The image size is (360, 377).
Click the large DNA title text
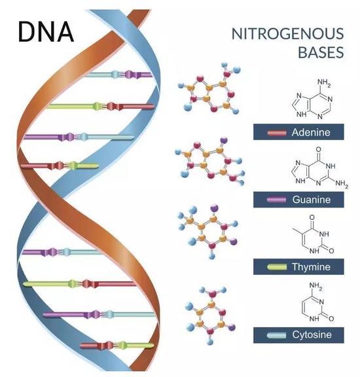point(46,32)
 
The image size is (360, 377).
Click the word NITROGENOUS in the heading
point(287,34)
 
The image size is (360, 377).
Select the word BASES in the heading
point(321,52)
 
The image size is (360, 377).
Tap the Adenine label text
point(311,132)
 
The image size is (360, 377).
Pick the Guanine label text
point(312,200)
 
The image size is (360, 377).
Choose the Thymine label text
point(311,267)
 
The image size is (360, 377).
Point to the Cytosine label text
point(312,334)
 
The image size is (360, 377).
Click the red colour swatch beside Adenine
point(277,133)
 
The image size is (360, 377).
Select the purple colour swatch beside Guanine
point(277,200)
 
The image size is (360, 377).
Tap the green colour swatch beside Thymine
point(277,267)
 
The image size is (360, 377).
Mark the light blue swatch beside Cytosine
point(277,335)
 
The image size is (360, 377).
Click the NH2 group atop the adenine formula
point(324,83)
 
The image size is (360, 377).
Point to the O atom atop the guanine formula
point(319,149)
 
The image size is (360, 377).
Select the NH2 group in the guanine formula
point(342,184)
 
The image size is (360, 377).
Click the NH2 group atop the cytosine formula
point(316,286)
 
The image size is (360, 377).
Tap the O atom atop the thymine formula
point(312,217)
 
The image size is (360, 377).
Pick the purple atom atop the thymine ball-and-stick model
point(214,207)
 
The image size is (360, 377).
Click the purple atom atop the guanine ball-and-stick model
point(224,139)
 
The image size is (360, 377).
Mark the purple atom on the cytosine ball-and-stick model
point(231,327)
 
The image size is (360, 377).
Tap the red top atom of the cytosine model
point(212,294)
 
